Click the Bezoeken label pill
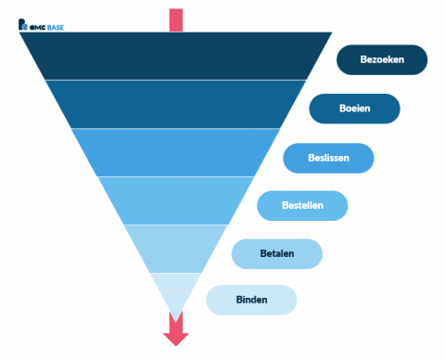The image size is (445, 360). [x=382, y=59]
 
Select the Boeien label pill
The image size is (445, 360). [x=354, y=109]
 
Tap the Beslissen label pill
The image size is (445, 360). [x=328, y=158]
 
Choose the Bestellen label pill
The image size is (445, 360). [x=302, y=205]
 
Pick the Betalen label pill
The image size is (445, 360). [x=276, y=253]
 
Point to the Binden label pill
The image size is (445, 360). [x=251, y=300]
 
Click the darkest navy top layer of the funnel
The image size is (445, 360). [x=175, y=56]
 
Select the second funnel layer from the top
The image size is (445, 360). [x=175, y=104]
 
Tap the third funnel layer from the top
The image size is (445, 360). [x=175, y=152]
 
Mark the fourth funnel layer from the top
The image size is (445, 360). [x=175, y=200]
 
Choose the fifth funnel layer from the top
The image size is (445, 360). [x=175, y=249]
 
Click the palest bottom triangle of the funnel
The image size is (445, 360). [x=175, y=289]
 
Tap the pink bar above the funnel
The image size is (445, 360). [x=175, y=19]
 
